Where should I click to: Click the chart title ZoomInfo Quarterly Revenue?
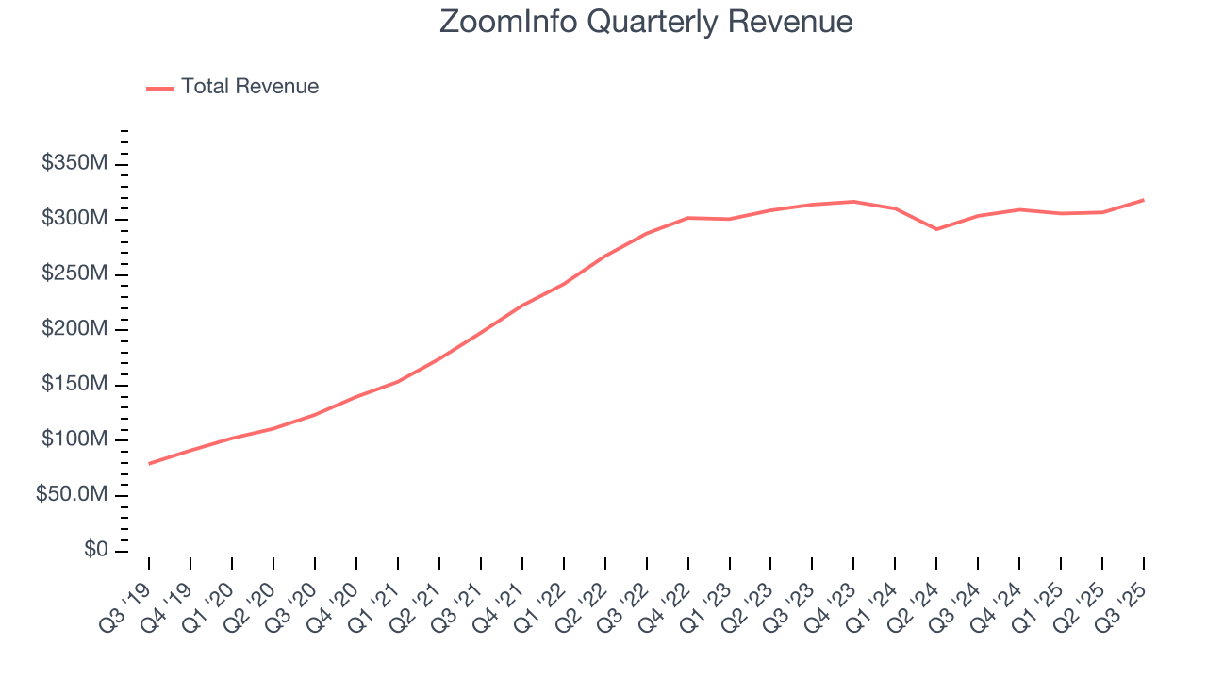[x=646, y=22]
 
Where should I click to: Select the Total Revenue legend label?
[x=250, y=87]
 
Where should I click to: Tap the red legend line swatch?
[x=160, y=88]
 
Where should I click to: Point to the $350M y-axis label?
[x=74, y=163]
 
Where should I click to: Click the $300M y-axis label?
[x=74, y=219]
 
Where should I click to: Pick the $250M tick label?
[x=74, y=273]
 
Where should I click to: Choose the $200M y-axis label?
[x=74, y=329]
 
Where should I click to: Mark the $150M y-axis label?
[x=74, y=384]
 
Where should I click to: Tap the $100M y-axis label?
[x=74, y=439]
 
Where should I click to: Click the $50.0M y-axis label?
[x=71, y=494]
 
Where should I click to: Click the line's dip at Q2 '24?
[x=936, y=229]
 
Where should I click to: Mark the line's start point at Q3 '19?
[x=149, y=464]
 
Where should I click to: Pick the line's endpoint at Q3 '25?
[x=1144, y=200]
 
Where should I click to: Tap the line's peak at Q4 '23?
[x=853, y=202]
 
